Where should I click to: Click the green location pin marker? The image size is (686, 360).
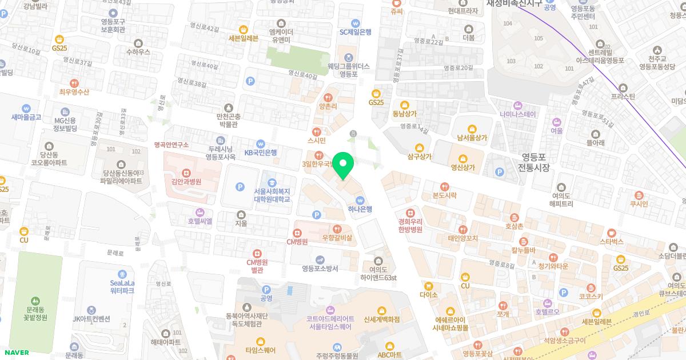343,166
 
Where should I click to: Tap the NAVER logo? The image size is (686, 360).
15,353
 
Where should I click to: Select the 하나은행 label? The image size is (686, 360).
360,209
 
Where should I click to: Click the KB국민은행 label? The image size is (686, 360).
261,152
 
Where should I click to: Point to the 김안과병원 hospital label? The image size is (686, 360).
186,181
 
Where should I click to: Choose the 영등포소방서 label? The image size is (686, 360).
320,269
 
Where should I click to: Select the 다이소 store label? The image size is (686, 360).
428,295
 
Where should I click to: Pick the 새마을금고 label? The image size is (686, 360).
26,117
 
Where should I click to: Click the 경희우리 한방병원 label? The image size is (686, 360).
410,225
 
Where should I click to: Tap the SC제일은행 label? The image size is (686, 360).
356,32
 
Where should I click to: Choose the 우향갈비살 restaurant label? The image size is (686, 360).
337,237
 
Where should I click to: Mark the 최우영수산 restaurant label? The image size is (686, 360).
74,92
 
